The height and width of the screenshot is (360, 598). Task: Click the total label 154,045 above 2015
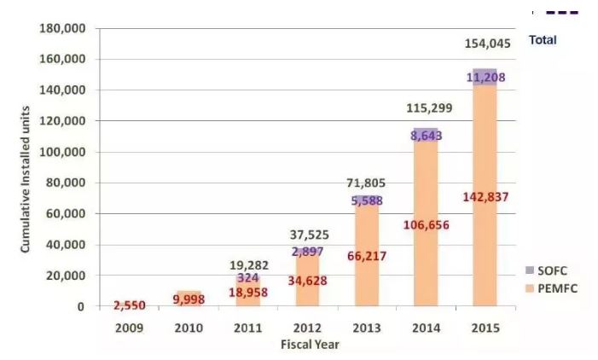click(485, 44)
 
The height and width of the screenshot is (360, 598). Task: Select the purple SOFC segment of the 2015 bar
click(485, 77)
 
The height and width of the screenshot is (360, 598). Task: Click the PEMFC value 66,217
click(367, 255)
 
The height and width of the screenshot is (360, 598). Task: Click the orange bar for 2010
click(188, 299)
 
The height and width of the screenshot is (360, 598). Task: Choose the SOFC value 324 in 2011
click(247, 277)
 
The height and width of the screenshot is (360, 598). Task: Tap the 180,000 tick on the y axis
click(62, 28)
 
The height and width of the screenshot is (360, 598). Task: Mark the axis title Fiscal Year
click(309, 345)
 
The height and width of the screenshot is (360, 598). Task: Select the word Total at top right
click(543, 40)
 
